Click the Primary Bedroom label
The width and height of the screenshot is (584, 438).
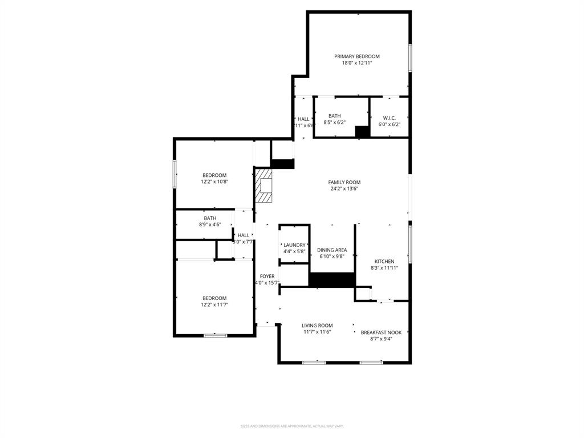pos(356,56)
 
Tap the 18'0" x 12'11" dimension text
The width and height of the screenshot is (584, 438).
pos(356,63)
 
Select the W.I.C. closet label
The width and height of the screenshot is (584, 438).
pos(389,118)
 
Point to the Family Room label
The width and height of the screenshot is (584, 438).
pos(344,182)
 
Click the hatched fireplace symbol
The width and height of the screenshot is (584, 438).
pos(263,185)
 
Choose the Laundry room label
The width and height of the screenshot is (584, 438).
pos(294,245)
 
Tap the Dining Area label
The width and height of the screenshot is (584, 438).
pos(332,250)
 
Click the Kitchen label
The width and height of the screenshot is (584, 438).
pos(384,261)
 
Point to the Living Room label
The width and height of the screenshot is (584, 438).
pos(317,326)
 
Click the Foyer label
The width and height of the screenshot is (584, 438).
pos(267,277)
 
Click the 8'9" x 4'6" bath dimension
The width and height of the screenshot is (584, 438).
pos(210,225)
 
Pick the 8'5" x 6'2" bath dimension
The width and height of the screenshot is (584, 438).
pos(334,122)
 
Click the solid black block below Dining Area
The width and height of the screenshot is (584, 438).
pos(332,280)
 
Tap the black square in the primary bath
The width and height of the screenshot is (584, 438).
pos(362,132)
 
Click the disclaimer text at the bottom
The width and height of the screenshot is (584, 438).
pos(291,426)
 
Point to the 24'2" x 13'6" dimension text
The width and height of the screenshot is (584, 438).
pos(344,189)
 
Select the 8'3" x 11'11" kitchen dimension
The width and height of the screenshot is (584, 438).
pos(384,267)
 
